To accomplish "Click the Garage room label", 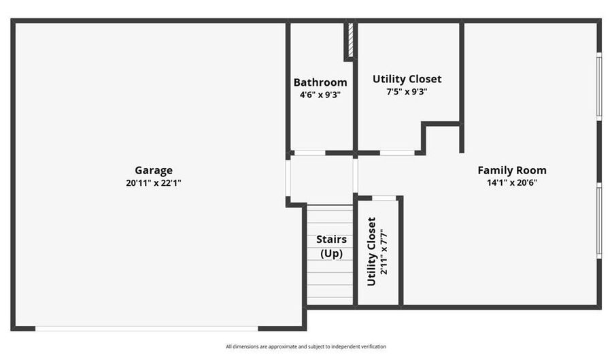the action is coord(154,170).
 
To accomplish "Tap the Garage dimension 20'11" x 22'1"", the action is coord(154,183).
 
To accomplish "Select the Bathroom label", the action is coord(320,82).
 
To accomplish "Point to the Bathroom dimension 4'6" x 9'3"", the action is coord(320,95).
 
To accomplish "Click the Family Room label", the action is coord(511,170).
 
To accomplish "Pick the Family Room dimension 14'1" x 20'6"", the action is coord(511,182).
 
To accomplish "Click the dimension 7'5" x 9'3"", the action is coord(407,92).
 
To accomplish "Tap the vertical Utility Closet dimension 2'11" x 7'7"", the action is coord(384,251).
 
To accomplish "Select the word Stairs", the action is coord(331,239).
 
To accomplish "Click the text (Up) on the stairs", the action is coord(331,253).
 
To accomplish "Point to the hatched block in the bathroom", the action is coord(350,40).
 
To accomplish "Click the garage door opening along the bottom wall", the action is coord(147,329).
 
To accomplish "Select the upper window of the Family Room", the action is coord(598,86).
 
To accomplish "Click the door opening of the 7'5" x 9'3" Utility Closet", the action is coord(397,153).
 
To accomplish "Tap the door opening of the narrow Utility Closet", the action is coord(384,198).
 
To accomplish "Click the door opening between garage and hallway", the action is coord(288,178).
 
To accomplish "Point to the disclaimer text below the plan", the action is coord(306,346).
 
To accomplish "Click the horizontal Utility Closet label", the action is coord(407,79).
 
